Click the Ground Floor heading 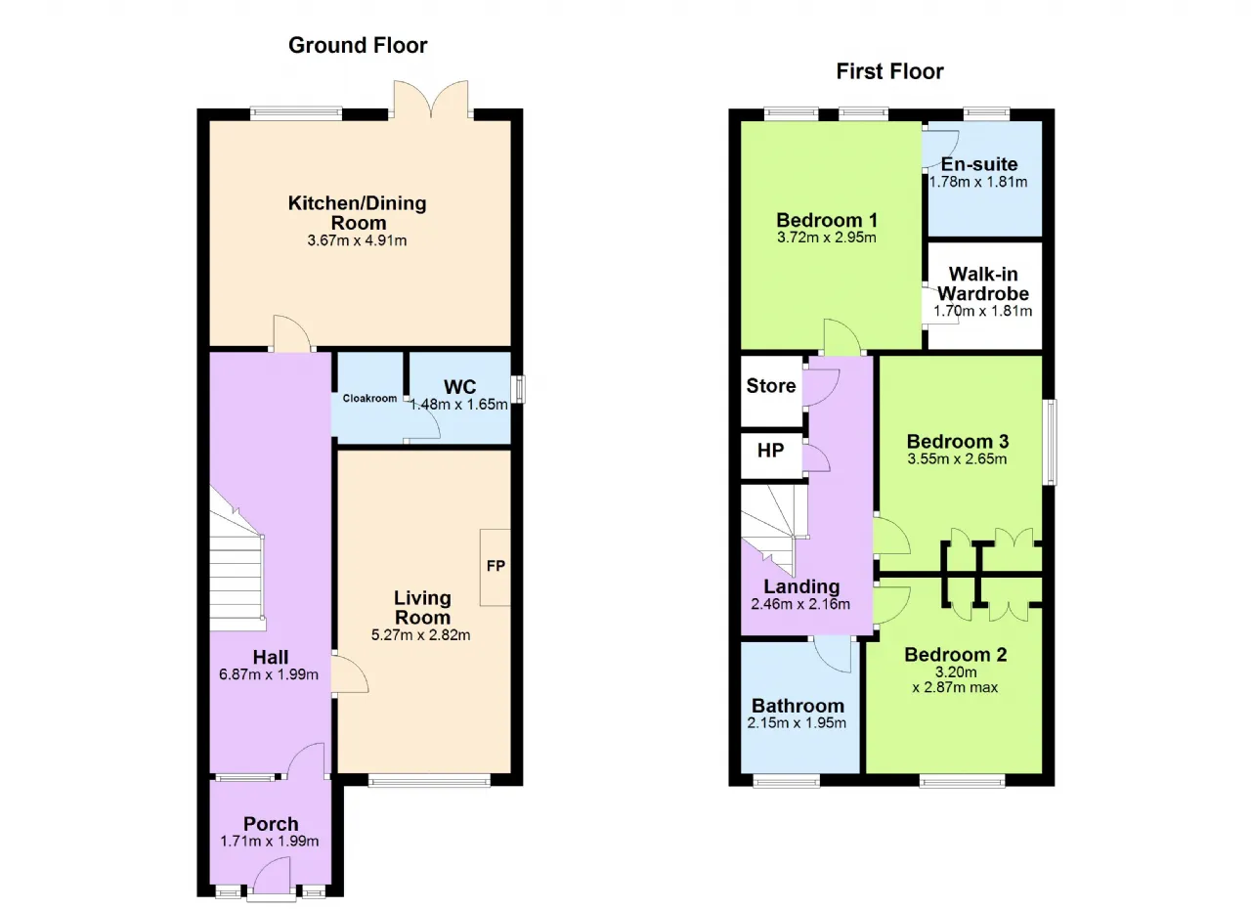click(358, 46)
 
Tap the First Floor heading click(889, 71)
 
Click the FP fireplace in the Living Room click(496, 567)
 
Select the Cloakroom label click(369, 398)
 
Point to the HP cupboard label click(771, 451)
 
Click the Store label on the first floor click(771, 386)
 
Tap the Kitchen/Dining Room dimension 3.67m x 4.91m click(357, 240)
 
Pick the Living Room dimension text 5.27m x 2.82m click(420, 635)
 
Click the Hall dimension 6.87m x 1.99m click(269, 674)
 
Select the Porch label click(271, 824)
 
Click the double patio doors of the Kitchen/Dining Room click(431, 100)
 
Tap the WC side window click(519, 389)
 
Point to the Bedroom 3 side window click(1051, 442)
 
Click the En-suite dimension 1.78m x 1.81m click(978, 182)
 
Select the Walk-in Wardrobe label click(983, 283)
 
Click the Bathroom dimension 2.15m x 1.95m click(797, 723)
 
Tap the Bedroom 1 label click(827, 220)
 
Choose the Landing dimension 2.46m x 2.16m click(800, 604)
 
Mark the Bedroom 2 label click(956, 655)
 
